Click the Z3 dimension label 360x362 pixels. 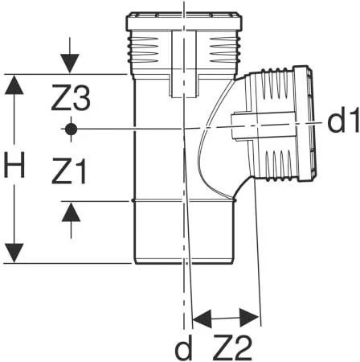point(71,97)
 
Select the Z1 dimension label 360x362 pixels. point(69,171)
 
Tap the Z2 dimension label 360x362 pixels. point(232,348)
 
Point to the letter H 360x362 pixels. point(14,165)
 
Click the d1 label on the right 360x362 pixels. point(343,120)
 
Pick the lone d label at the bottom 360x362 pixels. point(183,347)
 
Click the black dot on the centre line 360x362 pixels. point(71,130)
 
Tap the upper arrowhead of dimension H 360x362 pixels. point(14,84)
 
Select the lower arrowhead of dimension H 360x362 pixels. point(14,253)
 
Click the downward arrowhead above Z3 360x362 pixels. point(70,64)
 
